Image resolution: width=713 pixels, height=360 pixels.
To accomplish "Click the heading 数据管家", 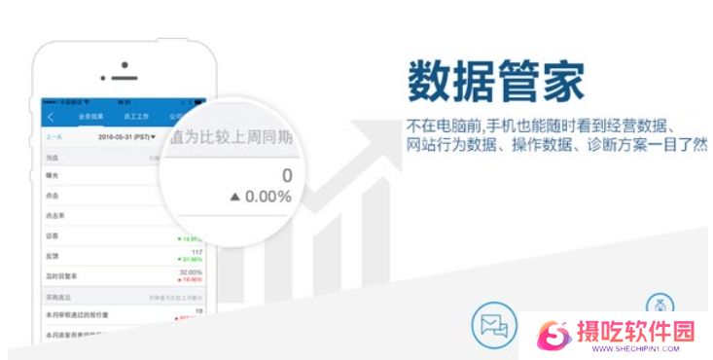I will (x=495, y=82).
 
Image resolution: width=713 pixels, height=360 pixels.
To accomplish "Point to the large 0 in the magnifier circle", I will (x=286, y=175).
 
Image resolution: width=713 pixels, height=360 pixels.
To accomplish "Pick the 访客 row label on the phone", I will (x=53, y=234).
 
